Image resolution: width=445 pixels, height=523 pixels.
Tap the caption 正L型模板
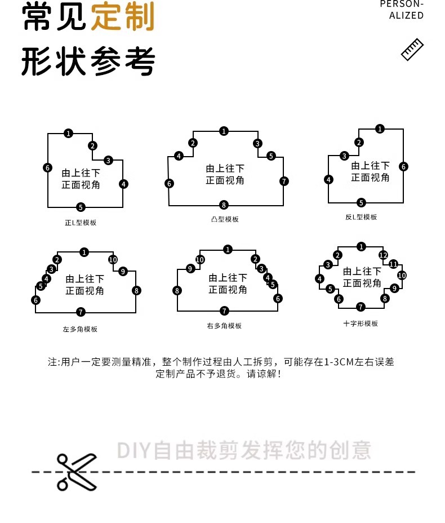click(x=81, y=223)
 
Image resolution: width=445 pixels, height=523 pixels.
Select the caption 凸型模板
click(x=224, y=219)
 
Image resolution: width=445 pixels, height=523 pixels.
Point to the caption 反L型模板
click(x=361, y=217)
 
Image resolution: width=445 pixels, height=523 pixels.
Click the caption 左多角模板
click(x=80, y=329)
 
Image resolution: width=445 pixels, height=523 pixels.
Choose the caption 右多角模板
click(x=224, y=326)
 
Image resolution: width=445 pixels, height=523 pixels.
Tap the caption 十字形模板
click(x=361, y=323)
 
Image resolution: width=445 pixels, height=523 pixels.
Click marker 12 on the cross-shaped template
click(x=383, y=255)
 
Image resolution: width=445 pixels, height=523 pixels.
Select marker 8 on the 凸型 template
click(x=224, y=205)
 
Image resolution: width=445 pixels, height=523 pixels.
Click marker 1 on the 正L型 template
click(x=68, y=134)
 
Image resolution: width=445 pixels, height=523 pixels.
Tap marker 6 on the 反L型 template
click(x=403, y=166)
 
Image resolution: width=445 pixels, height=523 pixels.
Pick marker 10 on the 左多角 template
click(x=113, y=260)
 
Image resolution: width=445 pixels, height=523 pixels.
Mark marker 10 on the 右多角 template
click(x=200, y=259)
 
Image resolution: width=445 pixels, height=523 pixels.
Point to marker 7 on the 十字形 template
click(x=361, y=307)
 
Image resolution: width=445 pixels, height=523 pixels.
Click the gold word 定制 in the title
click(x=122, y=17)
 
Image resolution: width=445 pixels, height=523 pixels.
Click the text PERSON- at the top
click(x=402, y=5)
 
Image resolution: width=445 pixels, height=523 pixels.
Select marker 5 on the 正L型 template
click(x=81, y=207)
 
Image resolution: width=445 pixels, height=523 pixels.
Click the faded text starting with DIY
click(x=244, y=451)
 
